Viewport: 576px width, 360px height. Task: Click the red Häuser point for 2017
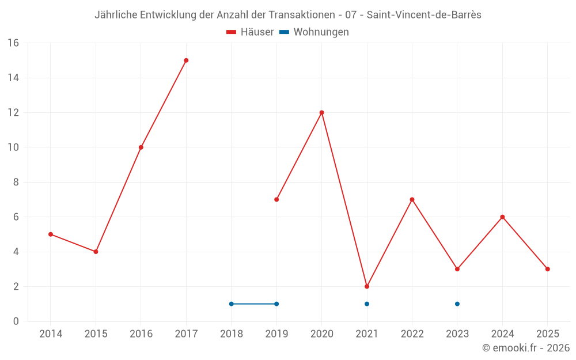pyautogui.click(x=186, y=60)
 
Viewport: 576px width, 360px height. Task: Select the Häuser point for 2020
pyautogui.click(x=321, y=112)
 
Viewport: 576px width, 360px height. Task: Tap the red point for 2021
pyautogui.click(x=367, y=286)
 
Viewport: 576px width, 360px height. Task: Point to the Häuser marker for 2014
pyautogui.click(x=51, y=234)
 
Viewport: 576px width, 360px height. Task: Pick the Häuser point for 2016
pyautogui.click(x=141, y=147)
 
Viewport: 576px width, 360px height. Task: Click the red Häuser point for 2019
pyautogui.click(x=276, y=199)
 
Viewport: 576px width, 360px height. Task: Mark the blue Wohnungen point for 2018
pyautogui.click(x=232, y=304)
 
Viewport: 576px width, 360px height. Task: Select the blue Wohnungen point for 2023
pyautogui.click(x=457, y=304)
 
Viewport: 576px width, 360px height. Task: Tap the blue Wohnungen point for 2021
pyautogui.click(x=367, y=304)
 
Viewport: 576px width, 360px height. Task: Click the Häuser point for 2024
pyautogui.click(x=502, y=217)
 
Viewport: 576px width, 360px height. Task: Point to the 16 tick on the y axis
pyautogui.click(x=13, y=43)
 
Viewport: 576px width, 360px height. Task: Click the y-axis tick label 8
pyautogui.click(x=16, y=182)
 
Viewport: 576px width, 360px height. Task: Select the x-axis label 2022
pyautogui.click(x=412, y=334)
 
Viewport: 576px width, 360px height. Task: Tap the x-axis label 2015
pyautogui.click(x=96, y=334)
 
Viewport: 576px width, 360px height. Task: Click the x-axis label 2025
pyautogui.click(x=547, y=334)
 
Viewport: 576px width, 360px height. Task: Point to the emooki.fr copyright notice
pyautogui.click(x=526, y=348)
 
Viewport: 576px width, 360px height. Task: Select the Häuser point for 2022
pyautogui.click(x=412, y=199)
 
